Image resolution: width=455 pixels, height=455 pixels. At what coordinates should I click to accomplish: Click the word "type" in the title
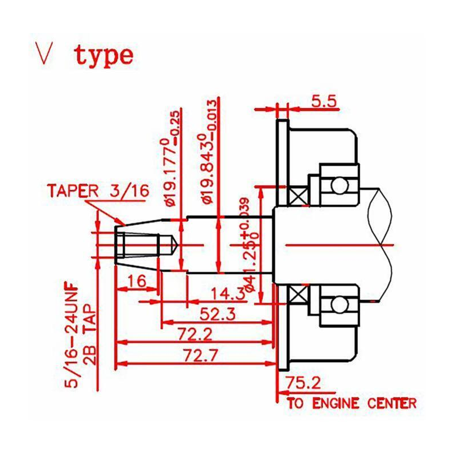point(105,56)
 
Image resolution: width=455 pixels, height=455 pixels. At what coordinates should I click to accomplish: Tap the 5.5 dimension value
point(325,101)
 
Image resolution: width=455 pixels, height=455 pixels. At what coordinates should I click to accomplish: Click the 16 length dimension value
point(136,280)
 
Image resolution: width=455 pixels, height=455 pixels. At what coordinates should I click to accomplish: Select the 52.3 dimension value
point(217,314)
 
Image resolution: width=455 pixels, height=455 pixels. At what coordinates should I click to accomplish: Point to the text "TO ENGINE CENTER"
point(351,404)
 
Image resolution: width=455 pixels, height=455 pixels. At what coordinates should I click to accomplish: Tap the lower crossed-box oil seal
point(297,295)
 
